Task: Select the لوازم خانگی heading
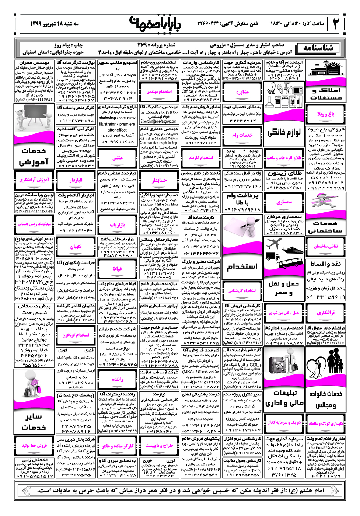tap(284, 132)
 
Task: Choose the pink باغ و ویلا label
tap(326, 114)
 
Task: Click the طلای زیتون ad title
tap(284, 173)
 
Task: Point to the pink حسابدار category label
tap(159, 180)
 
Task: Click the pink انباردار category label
tap(76, 180)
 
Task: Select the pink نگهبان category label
tap(76, 247)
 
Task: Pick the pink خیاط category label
tap(118, 269)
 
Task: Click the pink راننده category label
tap(118, 379)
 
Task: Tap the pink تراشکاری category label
tap(326, 313)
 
